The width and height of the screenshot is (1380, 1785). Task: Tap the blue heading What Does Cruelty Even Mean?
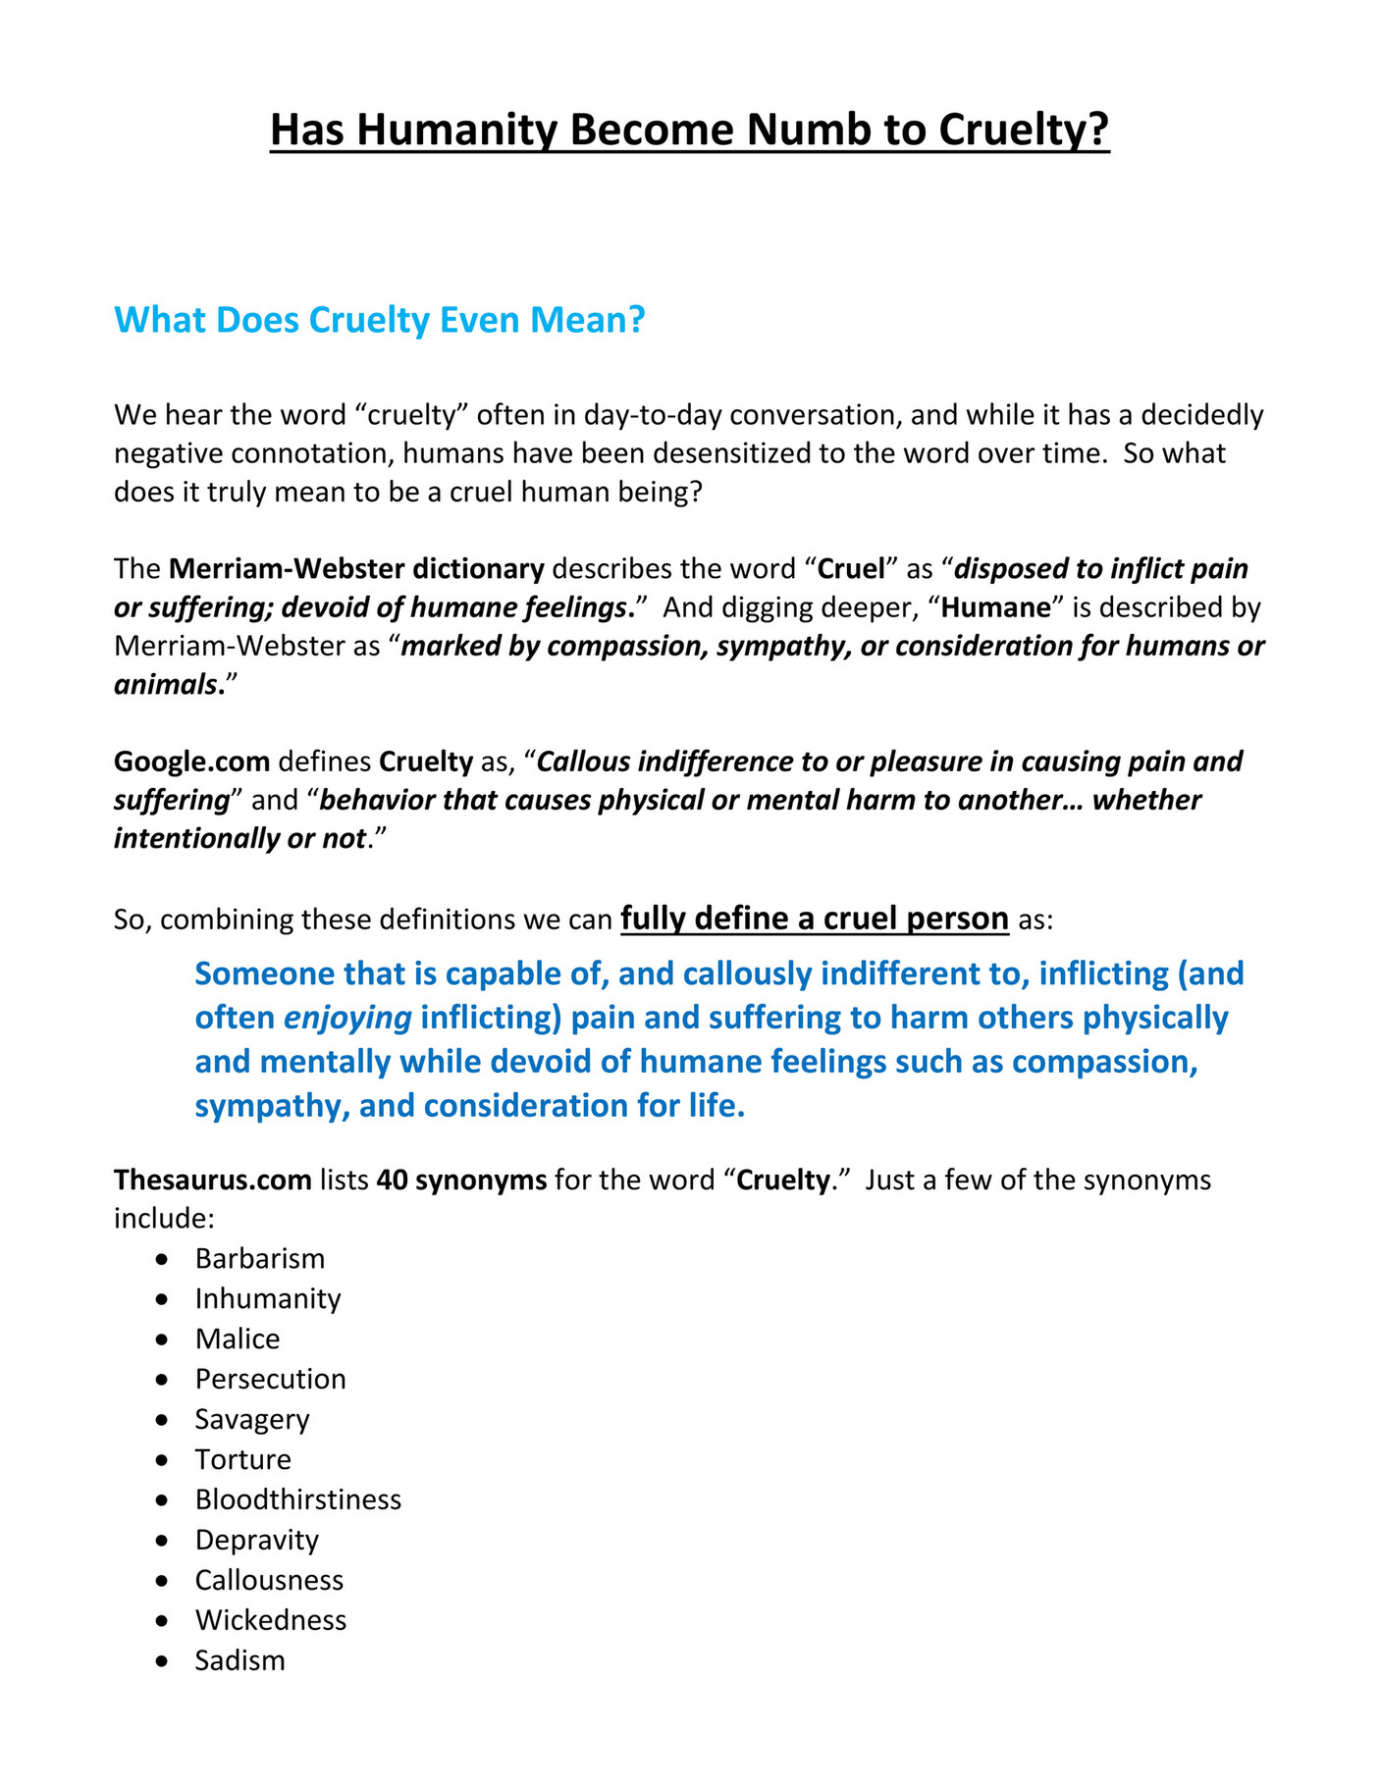[380, 320]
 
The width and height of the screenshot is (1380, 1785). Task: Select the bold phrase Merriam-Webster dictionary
[356, 569]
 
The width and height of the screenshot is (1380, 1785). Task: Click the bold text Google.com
[192, 761]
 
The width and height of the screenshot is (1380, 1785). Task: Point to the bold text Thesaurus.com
[213, 1179]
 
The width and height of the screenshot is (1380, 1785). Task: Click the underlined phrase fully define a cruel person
[815, 919]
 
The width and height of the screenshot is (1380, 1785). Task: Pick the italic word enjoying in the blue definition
[347, 1018]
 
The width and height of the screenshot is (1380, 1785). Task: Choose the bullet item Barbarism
[260, 1258]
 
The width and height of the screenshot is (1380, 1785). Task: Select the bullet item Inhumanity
[268, 1298]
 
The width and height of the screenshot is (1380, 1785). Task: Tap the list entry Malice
[238, 1339]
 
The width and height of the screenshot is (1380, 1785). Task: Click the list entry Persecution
[271, 1379]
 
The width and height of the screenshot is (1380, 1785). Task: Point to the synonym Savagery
[252, 1419]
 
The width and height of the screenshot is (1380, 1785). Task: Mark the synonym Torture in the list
[243, 1459]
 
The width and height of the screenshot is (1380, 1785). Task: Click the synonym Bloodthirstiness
[298, 1499]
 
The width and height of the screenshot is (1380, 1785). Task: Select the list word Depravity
[257, 1540]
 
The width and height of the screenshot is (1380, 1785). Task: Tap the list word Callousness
[270, 1580]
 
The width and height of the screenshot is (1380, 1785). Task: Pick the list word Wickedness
[271, 1620]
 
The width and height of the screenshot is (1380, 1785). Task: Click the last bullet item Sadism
[240, 1660]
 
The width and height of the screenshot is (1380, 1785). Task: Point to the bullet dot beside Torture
[162, 1460]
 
